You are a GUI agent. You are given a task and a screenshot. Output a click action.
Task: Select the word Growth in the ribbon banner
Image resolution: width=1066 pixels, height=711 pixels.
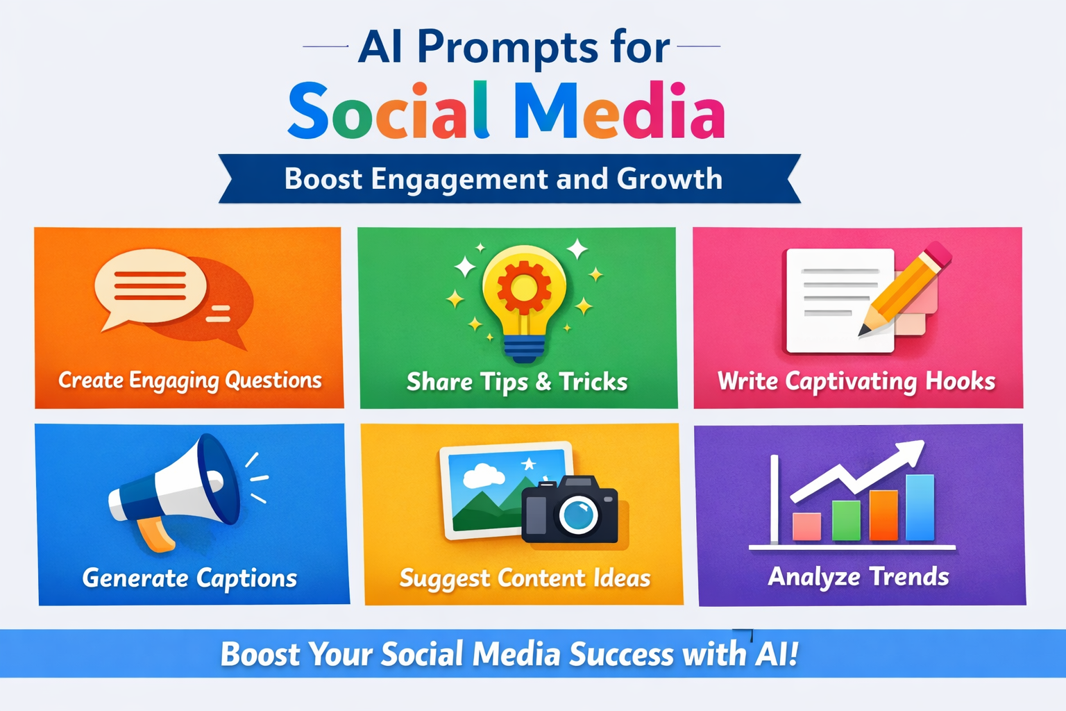coord(669,179)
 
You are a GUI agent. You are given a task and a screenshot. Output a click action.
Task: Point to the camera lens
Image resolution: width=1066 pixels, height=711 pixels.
coord(578,515)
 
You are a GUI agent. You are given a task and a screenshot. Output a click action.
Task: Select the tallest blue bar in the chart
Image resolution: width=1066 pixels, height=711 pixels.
coord(920,507)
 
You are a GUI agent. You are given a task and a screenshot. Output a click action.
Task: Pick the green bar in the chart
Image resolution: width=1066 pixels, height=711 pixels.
coord(846,520)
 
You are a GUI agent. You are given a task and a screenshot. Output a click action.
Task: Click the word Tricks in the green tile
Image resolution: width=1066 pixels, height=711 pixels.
coord(593,382)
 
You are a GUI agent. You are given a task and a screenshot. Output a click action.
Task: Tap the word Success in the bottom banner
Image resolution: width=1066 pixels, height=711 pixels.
coord(621,654)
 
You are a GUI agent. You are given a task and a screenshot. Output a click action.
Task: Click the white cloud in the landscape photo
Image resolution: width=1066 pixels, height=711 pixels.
coord(483,476)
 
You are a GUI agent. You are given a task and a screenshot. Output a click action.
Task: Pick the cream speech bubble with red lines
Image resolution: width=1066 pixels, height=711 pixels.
coord(151,285)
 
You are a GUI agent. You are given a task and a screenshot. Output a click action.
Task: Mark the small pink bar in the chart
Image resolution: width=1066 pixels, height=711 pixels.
coord(806,526)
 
